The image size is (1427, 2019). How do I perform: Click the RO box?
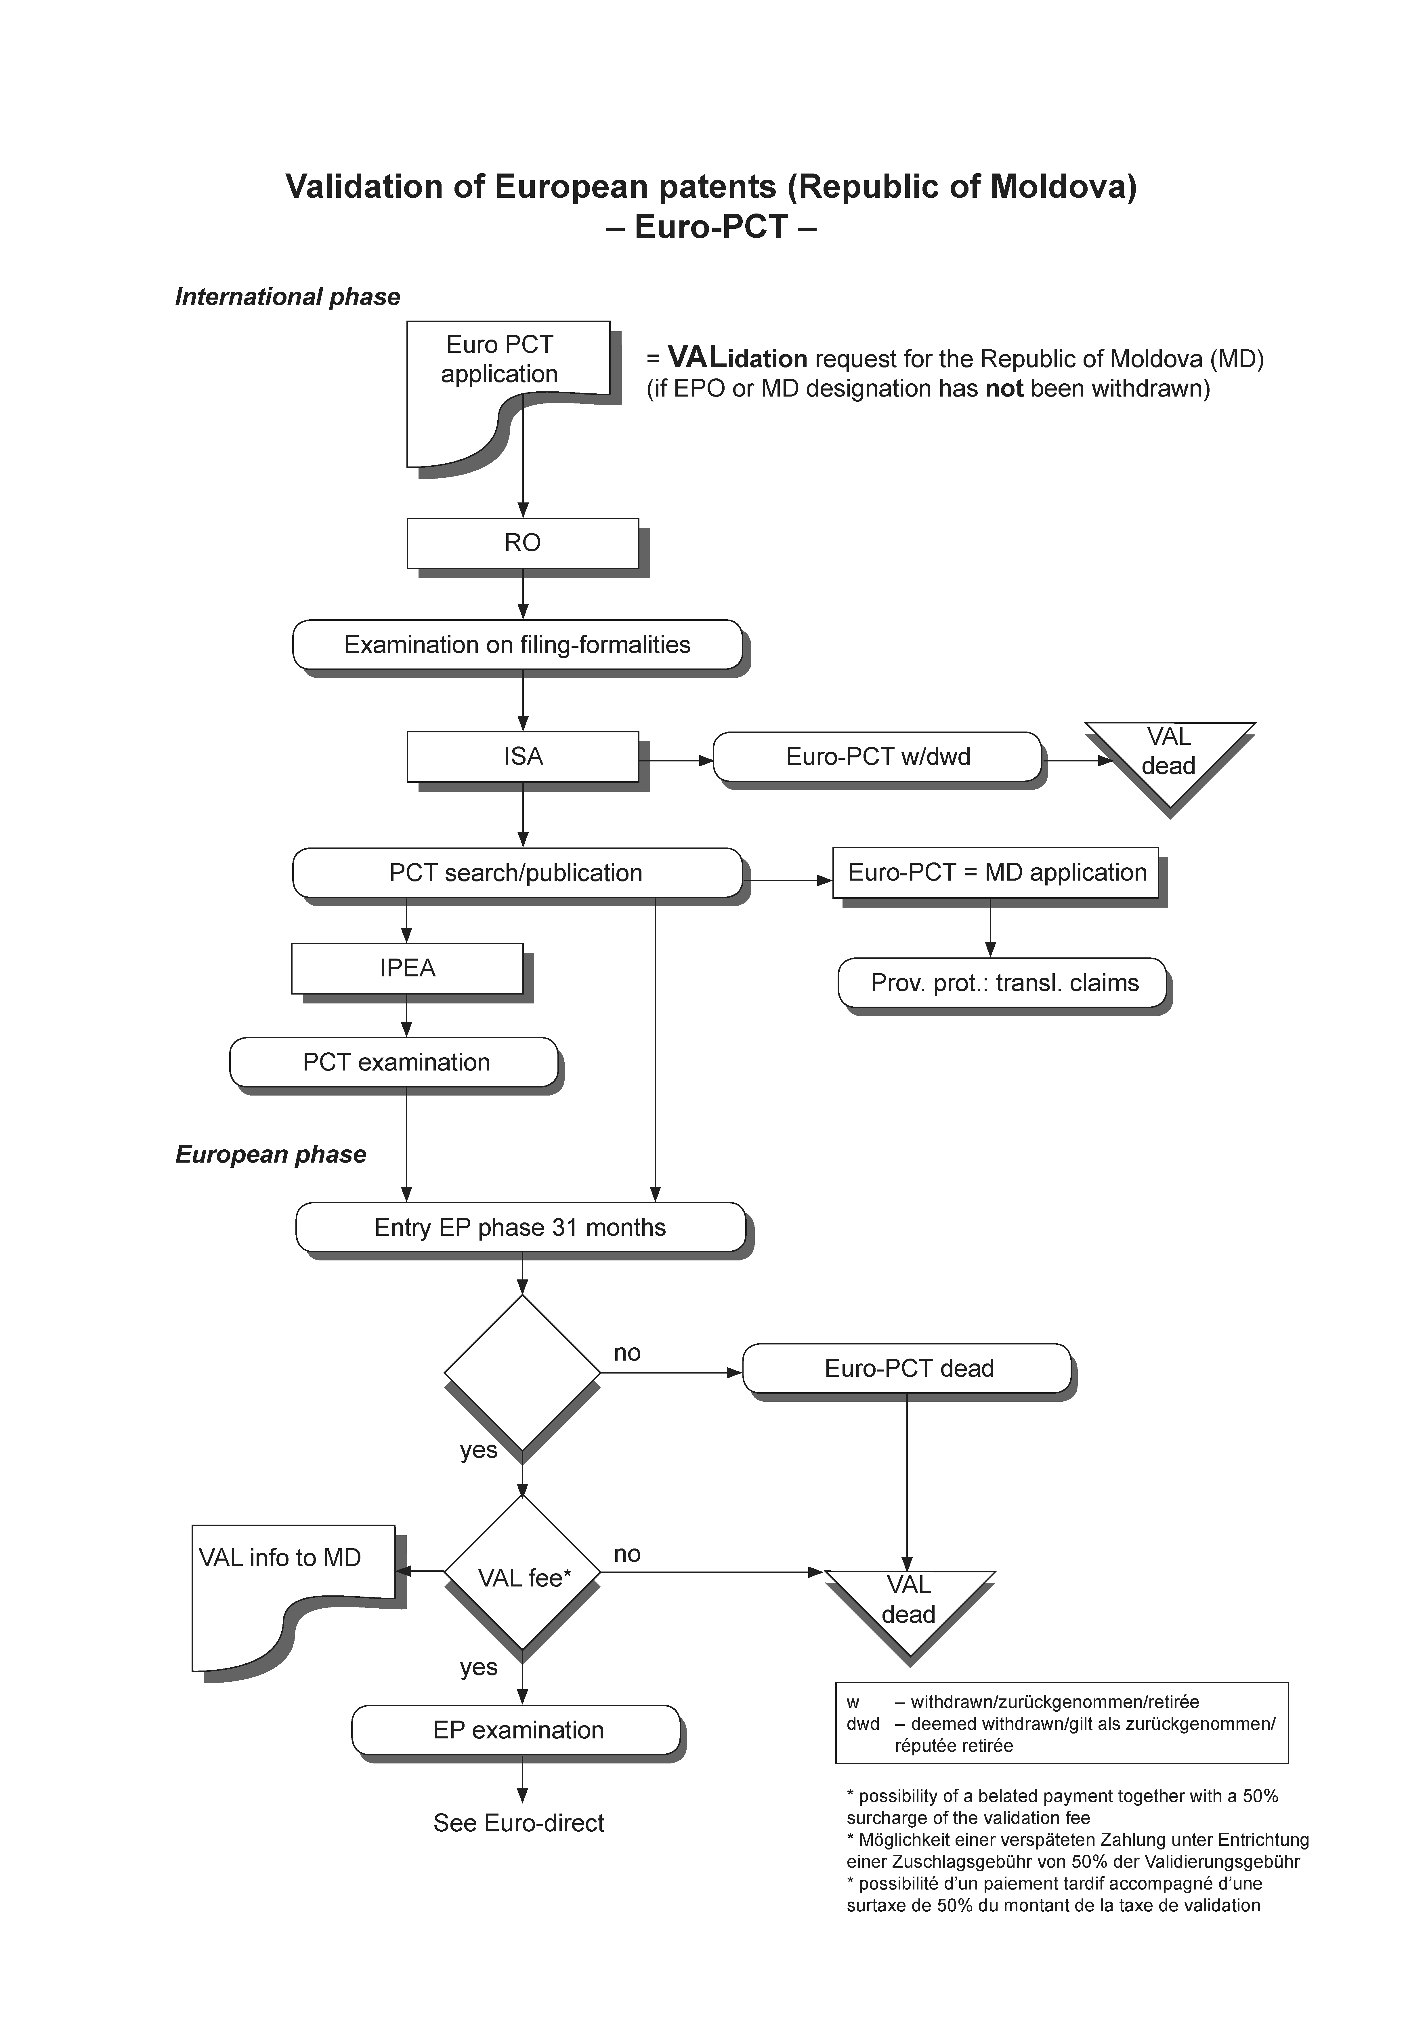click(x=522, y=542)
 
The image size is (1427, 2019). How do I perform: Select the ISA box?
click(x=522, y=756)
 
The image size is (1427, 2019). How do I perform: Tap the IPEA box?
click(x=407, y=968)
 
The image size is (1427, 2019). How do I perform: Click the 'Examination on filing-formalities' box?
click(x=517, y=645)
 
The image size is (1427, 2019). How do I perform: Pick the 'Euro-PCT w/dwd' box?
click(x=878, y=756)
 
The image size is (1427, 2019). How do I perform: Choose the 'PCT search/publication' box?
click(x=516, y=872)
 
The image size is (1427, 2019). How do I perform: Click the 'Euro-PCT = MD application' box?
click(x=996, y=872)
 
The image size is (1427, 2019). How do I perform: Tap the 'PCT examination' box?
click(x=395, y=1062)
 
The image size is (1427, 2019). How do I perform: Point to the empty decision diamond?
click(x=522, y=1372)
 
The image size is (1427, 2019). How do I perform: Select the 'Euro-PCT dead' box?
click(x=908, y=1368)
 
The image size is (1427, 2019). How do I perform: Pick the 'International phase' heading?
click(x=288, y=297)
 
